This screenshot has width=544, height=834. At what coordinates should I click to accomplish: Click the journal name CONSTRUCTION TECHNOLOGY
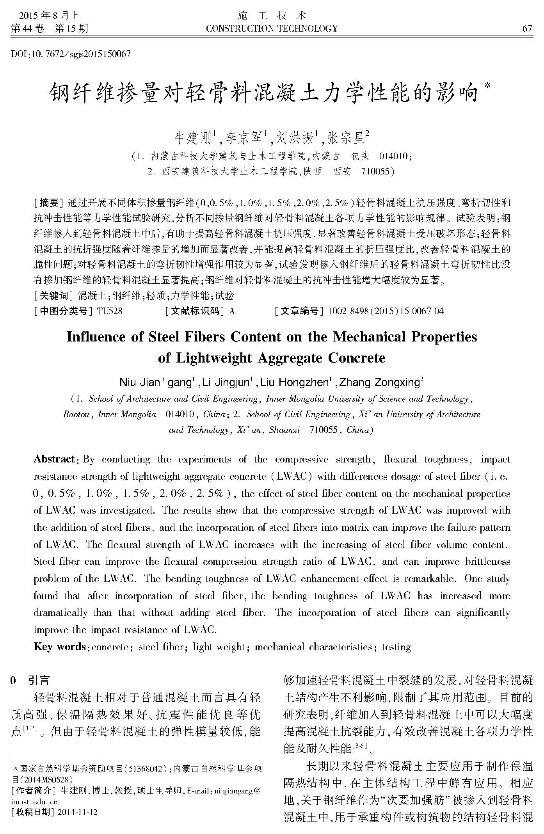[272, 28]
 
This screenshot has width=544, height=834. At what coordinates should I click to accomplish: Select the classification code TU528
[110, 311]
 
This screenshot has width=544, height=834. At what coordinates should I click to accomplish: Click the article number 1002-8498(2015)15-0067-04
[386, 311]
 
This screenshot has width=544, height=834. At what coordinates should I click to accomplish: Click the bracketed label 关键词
[54, 295]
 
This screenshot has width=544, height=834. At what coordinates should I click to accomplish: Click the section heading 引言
[39, 681]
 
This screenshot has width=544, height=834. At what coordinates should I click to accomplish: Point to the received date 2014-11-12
[77, 812]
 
